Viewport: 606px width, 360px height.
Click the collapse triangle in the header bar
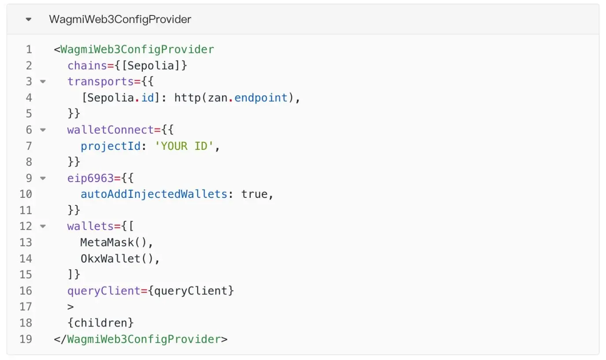(29, 19)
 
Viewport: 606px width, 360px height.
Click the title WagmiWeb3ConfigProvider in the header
(120, 19)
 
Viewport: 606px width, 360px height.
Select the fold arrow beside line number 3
(43, 82)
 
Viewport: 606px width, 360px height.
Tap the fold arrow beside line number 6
(43, 130)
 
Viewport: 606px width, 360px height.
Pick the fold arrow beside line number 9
(43, 178)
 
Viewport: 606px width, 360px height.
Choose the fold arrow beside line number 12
(43, 226)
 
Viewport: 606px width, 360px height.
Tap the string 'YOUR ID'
(184, 146)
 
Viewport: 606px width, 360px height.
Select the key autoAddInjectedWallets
(154, 194)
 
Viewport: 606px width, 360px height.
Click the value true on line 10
(254, 194)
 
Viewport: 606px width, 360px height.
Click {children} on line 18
(100, 323)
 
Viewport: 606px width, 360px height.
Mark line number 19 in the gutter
(26, 339)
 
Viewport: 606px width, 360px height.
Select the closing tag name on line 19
(144, 339)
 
